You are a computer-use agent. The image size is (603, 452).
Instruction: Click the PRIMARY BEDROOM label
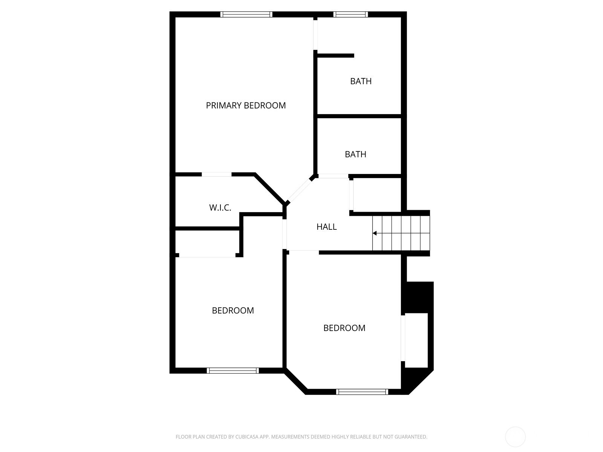(x=246, y=105)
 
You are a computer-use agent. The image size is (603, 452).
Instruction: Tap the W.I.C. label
(x=220, y=208)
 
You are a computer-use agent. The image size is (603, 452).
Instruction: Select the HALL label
(x=326, y=227)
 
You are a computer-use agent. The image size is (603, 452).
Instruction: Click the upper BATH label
(x=361, y=81)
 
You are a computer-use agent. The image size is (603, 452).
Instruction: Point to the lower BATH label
(x=355, y=154)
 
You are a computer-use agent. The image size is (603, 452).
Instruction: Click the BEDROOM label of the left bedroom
(x=233, y=310)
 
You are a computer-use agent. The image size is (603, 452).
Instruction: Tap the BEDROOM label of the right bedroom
(x=344, y=328)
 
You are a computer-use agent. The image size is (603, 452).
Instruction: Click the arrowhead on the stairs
(x=375, y=233)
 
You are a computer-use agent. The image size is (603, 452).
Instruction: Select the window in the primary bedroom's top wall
(x=246, y=14)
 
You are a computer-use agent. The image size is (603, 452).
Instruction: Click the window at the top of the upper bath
(x=350, y=14)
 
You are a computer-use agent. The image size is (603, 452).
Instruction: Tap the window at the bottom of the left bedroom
(x=233, y=371)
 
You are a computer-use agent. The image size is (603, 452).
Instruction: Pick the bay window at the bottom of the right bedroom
(x=362, y=392)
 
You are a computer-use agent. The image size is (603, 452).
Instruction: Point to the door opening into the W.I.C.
(x=216, y=174)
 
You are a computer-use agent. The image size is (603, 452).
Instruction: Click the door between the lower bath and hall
(x=333, y=176)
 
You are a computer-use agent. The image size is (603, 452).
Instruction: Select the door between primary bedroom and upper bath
(x=315, y=35)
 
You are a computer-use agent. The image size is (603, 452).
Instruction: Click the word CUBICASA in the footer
(x=245, y=437)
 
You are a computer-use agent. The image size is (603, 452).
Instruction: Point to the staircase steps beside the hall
(x=401, y=233)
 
